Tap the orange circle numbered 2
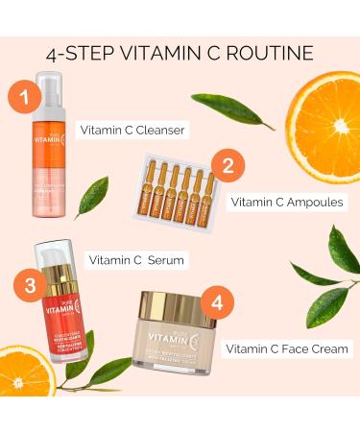[228, 165]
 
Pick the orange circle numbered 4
[218, 303]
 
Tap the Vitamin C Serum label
[135, 260]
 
